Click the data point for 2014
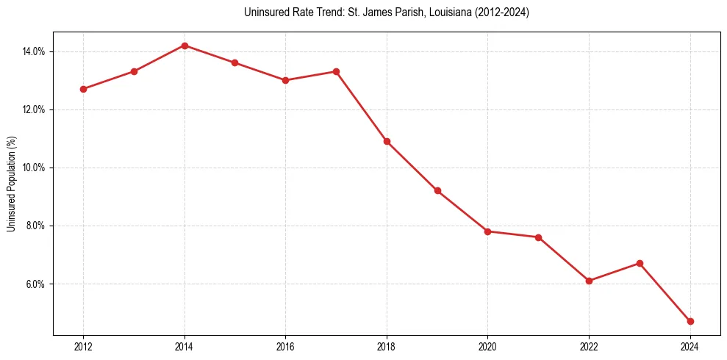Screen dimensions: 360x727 click(185, 46)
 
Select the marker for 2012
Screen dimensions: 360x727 click(83, 89)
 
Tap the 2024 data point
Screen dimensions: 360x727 click(690, 321)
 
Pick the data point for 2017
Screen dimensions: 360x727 click(336, 71)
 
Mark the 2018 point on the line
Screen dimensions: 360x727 click(387, 141)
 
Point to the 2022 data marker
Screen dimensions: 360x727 click(589, 281)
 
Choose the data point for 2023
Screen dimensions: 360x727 click(640, 263)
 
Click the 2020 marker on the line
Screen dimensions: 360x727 click(488, 231)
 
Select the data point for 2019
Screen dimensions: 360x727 click(437, 190)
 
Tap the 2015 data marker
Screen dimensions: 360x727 click(234, 62)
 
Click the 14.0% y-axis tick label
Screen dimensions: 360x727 click(34, 51)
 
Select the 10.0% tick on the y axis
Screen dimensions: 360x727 click(34, 168)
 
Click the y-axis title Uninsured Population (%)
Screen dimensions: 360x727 click(11, 184)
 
